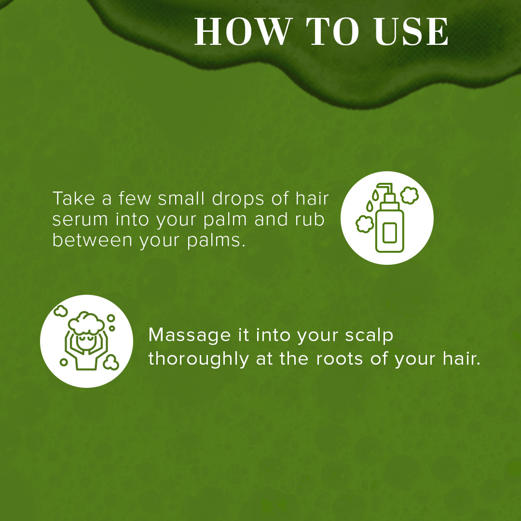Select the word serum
80,219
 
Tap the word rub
309,219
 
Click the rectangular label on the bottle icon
389,232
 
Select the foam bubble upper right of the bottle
410,195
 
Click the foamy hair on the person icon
86,322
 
